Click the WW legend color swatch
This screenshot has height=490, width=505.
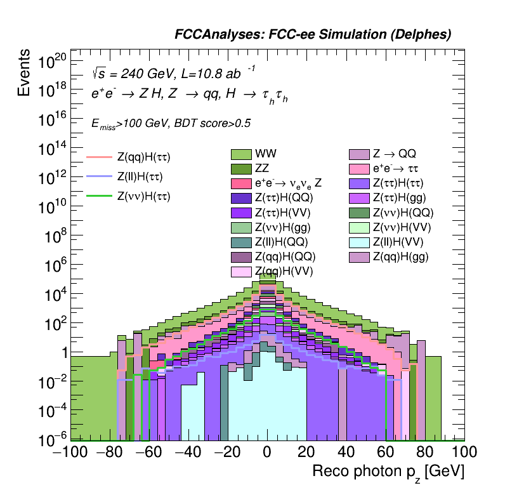241,154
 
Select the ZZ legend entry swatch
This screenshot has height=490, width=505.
241,169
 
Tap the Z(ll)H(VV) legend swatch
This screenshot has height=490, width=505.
359,242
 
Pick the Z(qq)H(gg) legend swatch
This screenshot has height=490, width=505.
359,256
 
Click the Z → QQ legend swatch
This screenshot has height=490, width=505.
359,154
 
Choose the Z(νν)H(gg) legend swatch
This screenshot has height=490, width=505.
241,227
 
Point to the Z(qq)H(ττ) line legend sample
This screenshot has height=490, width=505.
99,157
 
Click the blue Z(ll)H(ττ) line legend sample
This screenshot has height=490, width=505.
99,176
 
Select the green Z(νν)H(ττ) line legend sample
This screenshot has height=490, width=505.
99,196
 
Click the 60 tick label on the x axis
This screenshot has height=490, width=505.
386,453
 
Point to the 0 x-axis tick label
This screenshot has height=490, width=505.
268,453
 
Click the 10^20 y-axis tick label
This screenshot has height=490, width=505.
50,62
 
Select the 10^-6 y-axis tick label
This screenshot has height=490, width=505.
50,439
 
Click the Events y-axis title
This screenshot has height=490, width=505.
24,74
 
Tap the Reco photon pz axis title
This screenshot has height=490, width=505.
388,472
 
